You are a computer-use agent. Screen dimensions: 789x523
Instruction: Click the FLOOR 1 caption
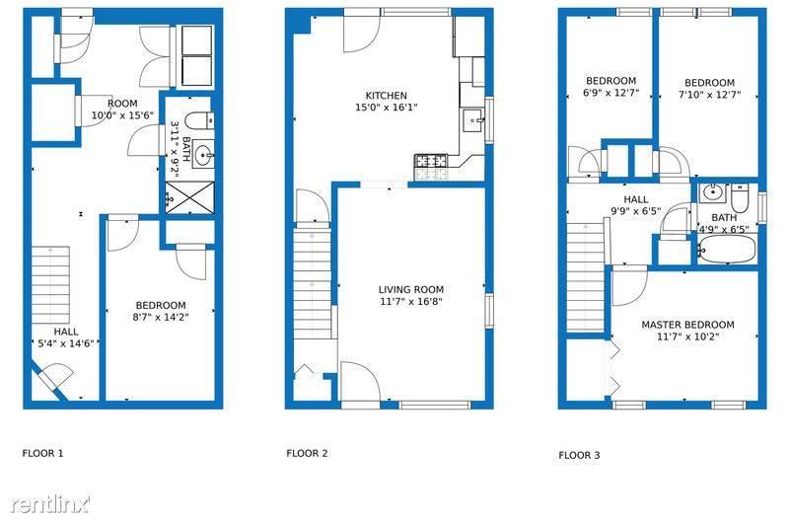tap(42, 453)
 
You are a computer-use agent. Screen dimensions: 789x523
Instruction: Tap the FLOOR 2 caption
tap(307, 453)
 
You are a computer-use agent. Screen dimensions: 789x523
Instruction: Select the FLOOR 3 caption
tap(579, 455)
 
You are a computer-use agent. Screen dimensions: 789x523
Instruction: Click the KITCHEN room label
tap(387, 95)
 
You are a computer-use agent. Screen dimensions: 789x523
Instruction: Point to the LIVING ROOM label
tap(411, 289)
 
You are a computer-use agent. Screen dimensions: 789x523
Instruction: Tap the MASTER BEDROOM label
tap(687, 325)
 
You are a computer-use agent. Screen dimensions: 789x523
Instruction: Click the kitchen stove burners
tap(431, 161)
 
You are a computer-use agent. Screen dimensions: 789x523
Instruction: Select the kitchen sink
tap(473, 119)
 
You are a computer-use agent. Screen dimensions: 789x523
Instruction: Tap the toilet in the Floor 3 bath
tap(740, 197)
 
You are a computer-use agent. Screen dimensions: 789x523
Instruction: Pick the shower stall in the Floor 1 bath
tap(189, 196)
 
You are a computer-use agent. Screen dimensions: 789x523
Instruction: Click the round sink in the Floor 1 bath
tap(203, 154)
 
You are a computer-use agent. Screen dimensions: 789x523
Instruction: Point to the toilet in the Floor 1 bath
tap(199, 120)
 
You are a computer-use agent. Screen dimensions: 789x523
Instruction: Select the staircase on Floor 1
tap(50, 285)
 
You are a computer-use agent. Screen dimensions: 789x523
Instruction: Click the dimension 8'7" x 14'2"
tap(161, 317)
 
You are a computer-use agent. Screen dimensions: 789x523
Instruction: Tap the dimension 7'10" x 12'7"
tap(709, 94)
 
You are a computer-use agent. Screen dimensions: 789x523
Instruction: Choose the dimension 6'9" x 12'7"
tap(610, 93)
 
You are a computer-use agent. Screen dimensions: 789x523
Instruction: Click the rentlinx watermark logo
tap(50, 503)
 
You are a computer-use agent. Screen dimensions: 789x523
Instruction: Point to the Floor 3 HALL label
tap(636, 199)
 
